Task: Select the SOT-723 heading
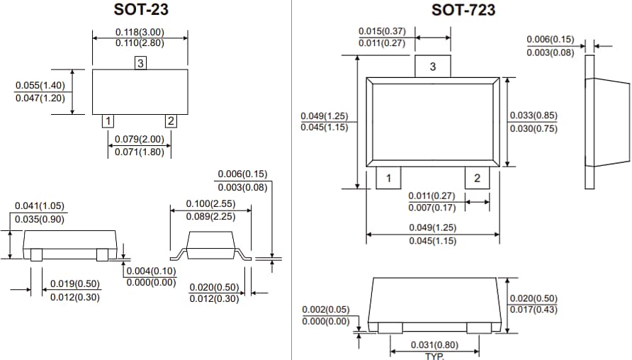[463, 10]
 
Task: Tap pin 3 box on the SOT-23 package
[140, 64]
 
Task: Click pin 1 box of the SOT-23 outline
[108, 120]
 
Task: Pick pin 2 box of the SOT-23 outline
[170, 120]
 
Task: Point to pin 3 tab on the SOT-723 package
[433, 67]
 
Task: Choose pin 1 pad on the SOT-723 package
[388, 178]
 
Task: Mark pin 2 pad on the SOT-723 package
[477, 178]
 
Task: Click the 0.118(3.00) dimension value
[140, 32]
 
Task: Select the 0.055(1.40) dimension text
[40, 86]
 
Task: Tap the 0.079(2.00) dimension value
[140, 139]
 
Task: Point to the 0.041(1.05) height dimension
[40, 206]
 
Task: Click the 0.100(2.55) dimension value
[210, 204]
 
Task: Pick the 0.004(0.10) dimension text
[151, 271]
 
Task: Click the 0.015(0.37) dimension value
[383, 31]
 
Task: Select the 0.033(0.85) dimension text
[534, 116]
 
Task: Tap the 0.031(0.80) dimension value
[434, 345]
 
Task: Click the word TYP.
[434, 356]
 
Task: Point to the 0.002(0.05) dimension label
[326, 310]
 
